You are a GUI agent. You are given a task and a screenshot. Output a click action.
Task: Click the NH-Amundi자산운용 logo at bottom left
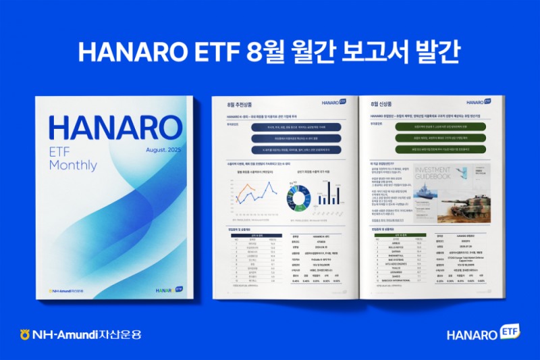(x=81, y=334)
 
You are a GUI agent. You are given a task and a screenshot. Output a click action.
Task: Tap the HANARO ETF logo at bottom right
(x=482, y=334)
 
